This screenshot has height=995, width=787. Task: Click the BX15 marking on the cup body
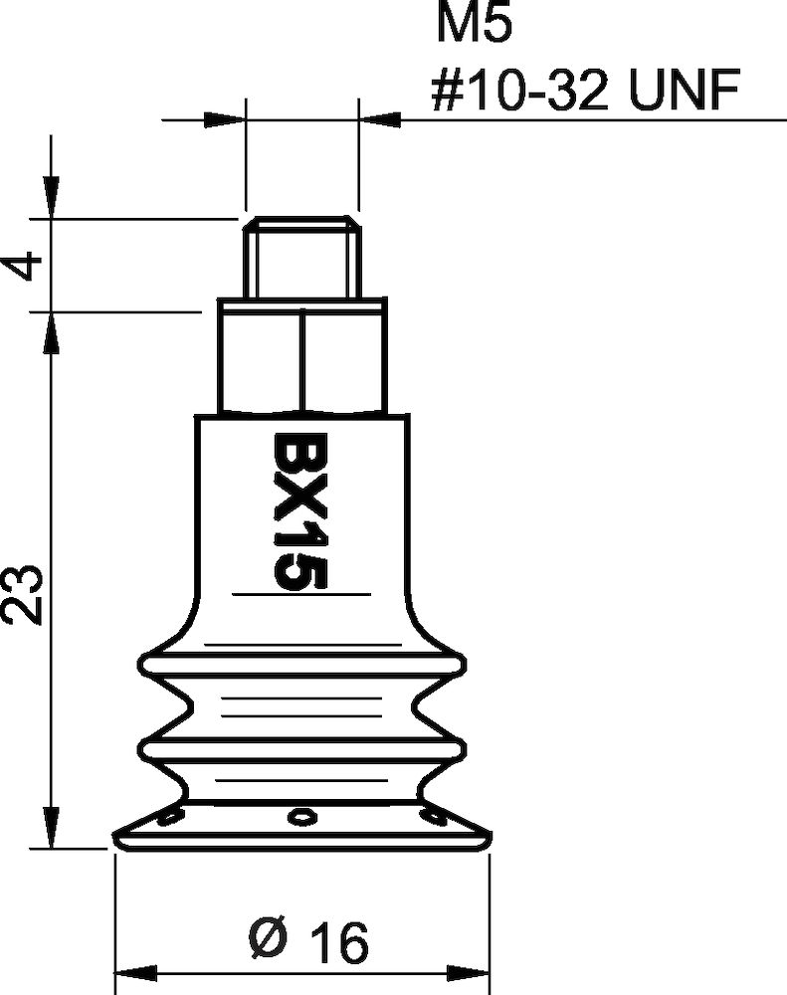click(295, 511)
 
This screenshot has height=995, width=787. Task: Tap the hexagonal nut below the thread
click(301, 357)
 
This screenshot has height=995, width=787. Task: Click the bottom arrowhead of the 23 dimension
click(48, 828)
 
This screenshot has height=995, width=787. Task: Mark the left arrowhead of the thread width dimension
click(224, 120)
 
